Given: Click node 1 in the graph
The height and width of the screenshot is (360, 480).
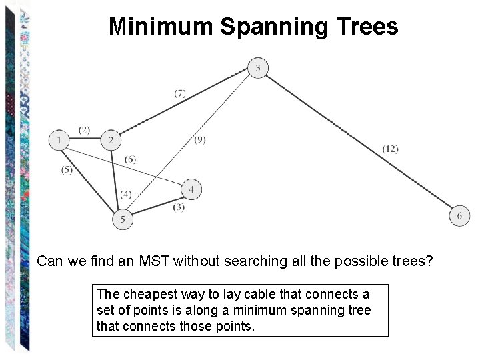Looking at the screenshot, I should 59,140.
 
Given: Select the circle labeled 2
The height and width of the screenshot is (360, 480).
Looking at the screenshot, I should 111,140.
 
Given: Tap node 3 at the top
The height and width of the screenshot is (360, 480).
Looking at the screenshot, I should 258,67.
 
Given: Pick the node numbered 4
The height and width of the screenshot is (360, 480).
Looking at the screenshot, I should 191,190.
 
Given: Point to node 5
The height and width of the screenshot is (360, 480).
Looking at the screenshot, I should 122,219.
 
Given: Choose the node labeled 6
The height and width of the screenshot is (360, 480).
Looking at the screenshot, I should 459,215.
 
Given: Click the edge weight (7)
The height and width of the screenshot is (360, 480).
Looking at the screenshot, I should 180,93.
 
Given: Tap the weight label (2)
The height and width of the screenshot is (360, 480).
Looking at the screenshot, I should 84,130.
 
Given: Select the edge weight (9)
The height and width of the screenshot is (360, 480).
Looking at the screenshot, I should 200,139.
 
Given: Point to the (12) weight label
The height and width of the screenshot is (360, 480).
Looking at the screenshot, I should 390,149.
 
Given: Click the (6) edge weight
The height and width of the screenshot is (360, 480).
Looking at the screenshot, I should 130,159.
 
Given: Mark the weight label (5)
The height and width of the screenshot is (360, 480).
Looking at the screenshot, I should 67,169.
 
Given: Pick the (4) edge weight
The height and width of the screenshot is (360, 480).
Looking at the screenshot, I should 126,194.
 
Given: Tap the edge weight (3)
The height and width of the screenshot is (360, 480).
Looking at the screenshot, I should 179,207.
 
